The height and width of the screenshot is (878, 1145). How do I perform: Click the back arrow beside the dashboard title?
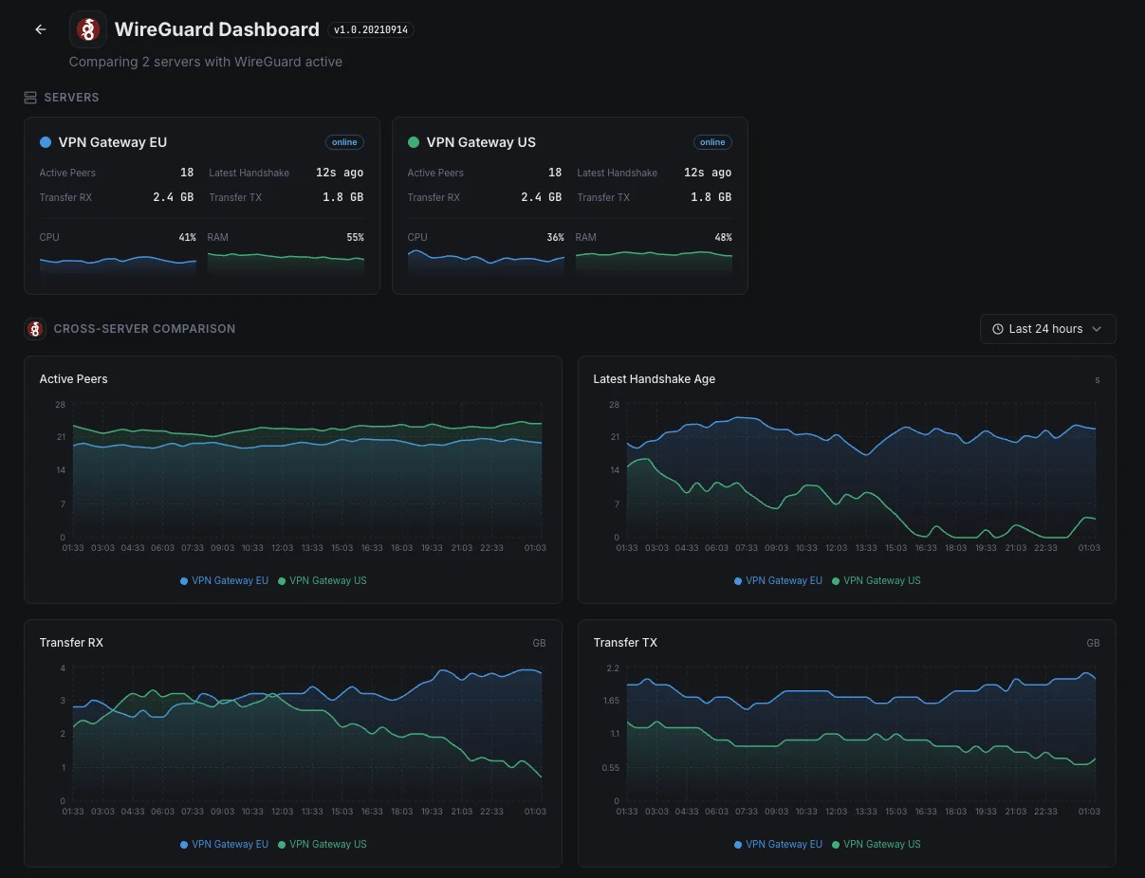(41, 29)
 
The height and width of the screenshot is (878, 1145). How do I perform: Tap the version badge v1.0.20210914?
(371, 30)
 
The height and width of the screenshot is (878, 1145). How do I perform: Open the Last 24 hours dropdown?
(1047, 329)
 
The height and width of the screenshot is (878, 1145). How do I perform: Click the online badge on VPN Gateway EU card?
(344, 142)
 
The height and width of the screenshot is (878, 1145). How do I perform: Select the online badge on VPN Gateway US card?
(712, 142)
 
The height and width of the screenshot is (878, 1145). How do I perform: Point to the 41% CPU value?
(187, 238)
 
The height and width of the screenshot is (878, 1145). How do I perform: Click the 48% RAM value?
(723, 238)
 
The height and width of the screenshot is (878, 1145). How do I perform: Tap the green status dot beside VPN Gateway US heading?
(414, 142)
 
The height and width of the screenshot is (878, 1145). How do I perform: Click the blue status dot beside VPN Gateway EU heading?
(46, 142)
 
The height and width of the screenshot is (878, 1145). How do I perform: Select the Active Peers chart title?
(73, 379)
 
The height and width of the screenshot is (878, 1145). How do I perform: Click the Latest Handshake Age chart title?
(654, 379)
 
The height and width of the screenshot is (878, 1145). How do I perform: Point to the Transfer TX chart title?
(625, 643)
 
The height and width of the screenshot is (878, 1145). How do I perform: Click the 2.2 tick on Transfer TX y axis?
(613, 668)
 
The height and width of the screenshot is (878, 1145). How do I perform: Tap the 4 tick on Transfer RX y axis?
(63, 668)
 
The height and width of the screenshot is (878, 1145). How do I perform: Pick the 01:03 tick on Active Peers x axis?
(535, 548)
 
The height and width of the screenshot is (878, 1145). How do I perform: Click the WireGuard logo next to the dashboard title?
(88, 29)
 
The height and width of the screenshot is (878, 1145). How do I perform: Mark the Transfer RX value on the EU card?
(173, 197)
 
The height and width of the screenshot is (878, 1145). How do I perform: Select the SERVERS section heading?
(71, 98)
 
